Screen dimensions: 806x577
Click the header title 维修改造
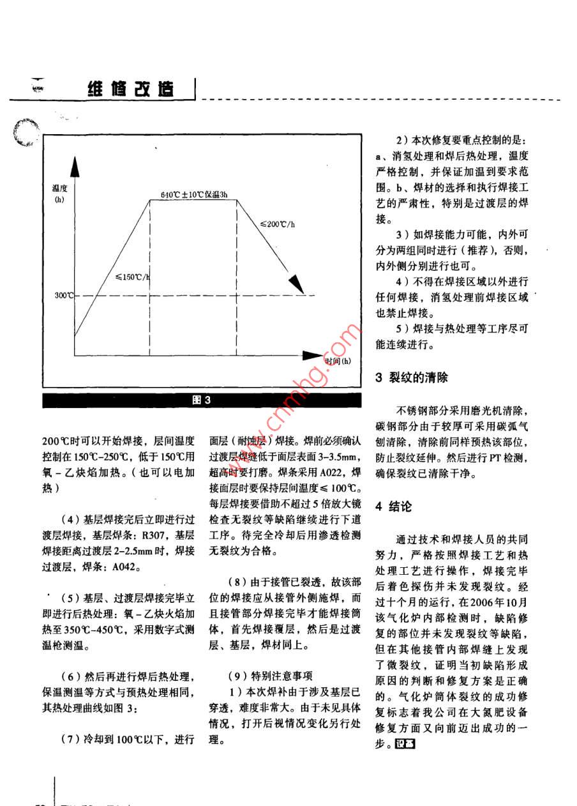coord(130,89)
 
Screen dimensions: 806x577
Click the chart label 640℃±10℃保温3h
coord(190,194)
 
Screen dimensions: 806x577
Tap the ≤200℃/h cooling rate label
coord(276,224)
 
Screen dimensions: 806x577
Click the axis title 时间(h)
coord(338,361)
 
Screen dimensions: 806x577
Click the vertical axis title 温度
coord(60,188)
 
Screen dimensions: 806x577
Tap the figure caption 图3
coord(202,400)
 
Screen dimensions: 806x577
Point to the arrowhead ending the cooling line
coord(295,283)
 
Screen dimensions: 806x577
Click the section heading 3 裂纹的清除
coord(411,377)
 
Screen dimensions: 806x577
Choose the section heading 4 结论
coord(394,506)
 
